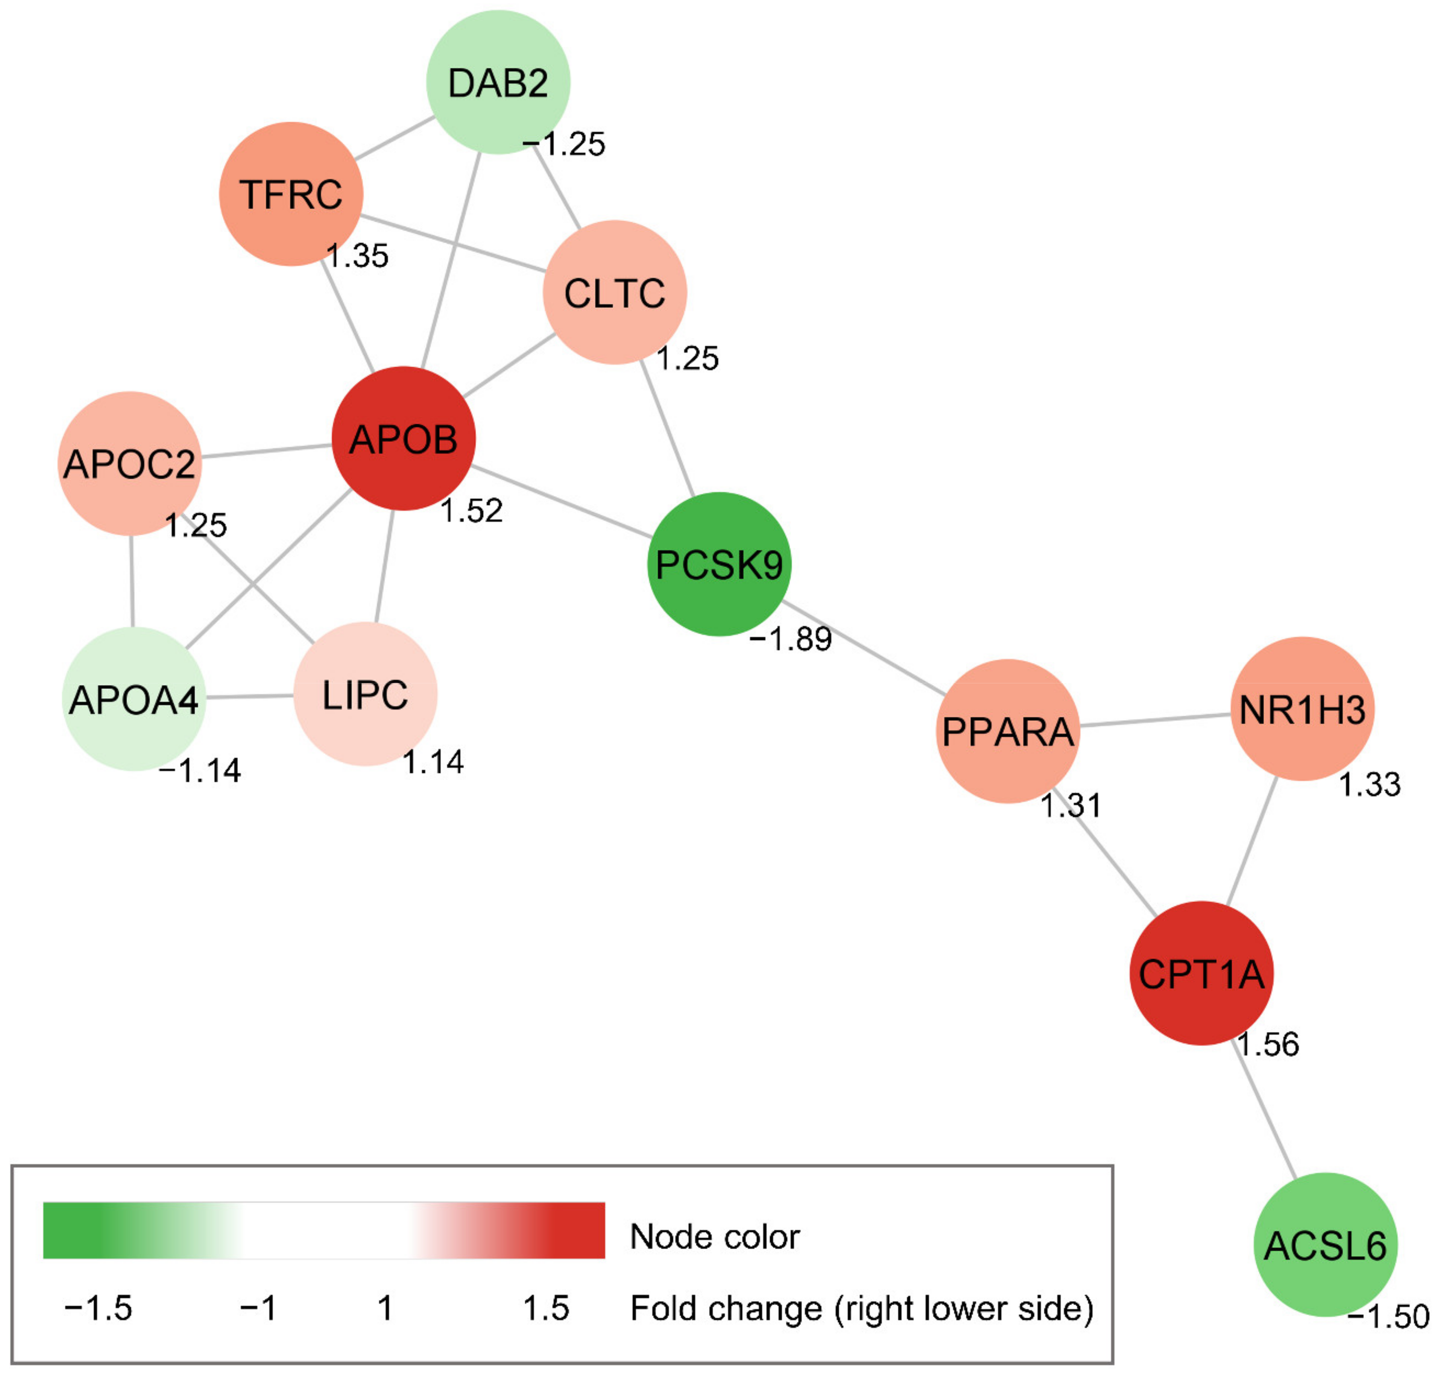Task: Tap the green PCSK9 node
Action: pyautogui.click(x=718, y=564)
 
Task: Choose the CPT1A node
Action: pyautogui.click(x=1201, y=973)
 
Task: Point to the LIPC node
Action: pyautogui.click(x=365, y=694)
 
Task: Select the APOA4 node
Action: pyautogui.click(x=133, y=699)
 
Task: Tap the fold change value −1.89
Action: pyautogui.click(x=790, y=639)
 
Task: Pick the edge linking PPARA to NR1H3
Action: pyautogui.click(x=1154, y=720)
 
